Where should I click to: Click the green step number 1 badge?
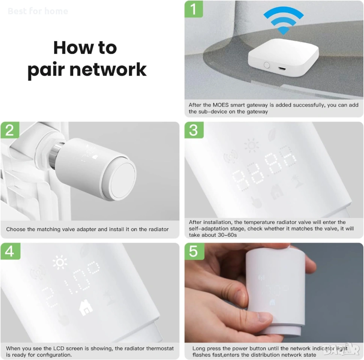(194, 9)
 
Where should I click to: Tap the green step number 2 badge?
(10, 130)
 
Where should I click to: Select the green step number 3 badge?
(194, 130)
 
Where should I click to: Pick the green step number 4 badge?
(10, 251)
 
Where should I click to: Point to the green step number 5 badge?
(194, 251)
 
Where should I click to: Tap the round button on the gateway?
(267, 65)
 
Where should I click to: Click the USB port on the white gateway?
(282, 69)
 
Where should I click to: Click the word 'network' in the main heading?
(108, 69)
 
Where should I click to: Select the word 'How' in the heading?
(73, 48)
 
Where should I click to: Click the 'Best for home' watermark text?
(38, 11)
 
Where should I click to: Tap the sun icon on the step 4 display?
(60, 262)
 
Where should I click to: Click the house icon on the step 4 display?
(86, 307)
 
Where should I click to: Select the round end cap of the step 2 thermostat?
(123, 180)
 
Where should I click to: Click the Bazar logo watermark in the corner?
(341, 349)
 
